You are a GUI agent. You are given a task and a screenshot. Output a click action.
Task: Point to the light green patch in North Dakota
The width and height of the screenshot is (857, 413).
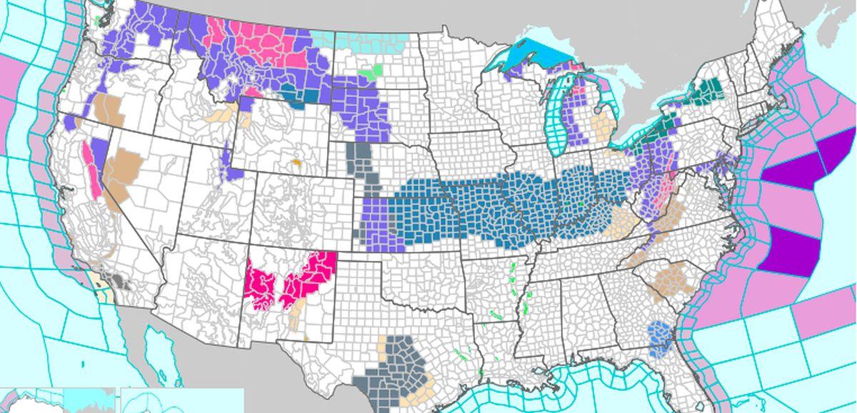pyautogui.click(x=371, y=71)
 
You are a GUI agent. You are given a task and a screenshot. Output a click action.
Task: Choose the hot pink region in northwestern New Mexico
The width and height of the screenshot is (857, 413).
pyautogui.click(x=311, y=275)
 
